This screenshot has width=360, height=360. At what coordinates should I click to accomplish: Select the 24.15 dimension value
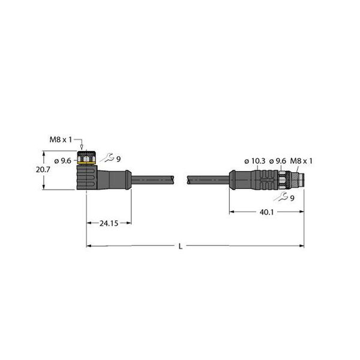coord(108,223)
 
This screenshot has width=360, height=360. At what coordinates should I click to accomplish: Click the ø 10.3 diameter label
coord(255,161)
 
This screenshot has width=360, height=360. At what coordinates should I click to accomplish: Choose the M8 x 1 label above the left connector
coord(61,140)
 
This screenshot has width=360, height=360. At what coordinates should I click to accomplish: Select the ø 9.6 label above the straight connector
coord(278,161)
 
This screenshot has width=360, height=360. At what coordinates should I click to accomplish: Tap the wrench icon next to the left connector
coord(107,158)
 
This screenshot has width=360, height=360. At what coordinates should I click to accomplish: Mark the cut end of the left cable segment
coord(176,178)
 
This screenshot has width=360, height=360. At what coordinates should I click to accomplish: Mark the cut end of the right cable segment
coord(189,178)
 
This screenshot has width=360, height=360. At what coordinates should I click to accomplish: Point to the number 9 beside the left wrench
coord(118,159)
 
